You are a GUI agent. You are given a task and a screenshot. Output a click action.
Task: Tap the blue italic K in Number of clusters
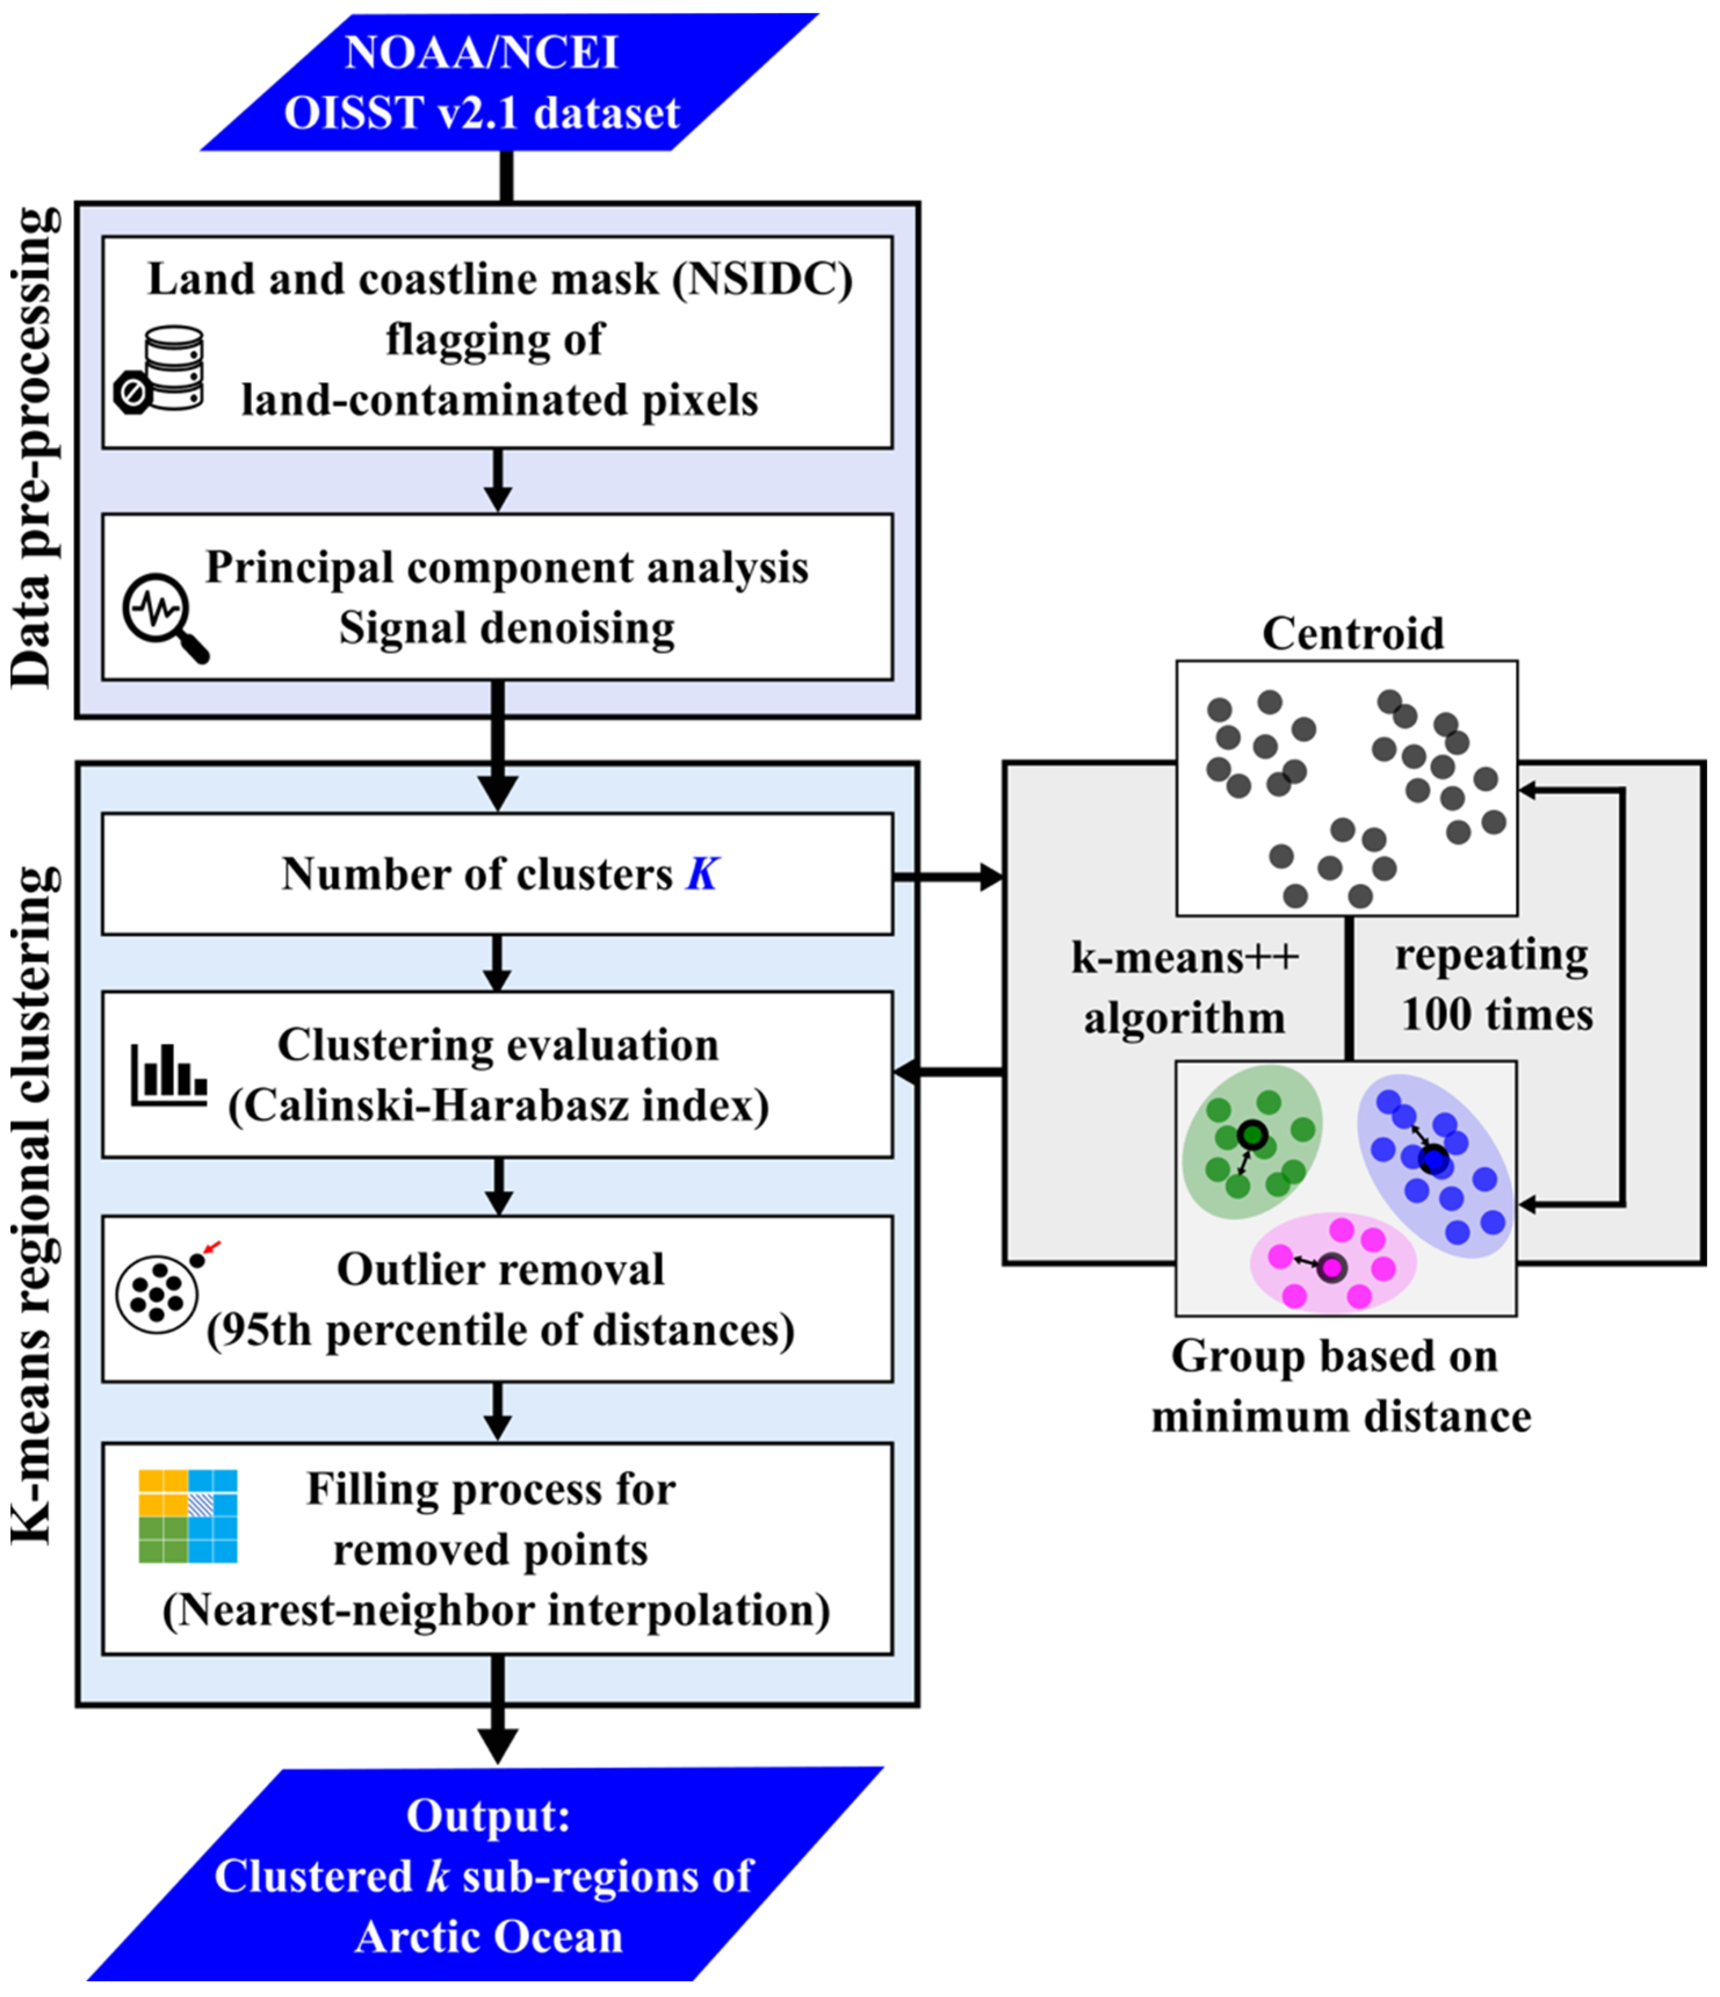(701, 874)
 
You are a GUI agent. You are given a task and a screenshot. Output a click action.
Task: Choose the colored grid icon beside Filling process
(188, 1516)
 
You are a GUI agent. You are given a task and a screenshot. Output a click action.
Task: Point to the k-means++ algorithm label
(1184, 988)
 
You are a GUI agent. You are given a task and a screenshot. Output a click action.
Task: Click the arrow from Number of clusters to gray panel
(949, 877)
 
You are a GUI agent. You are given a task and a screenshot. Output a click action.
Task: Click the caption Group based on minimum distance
(1341, 1386)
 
